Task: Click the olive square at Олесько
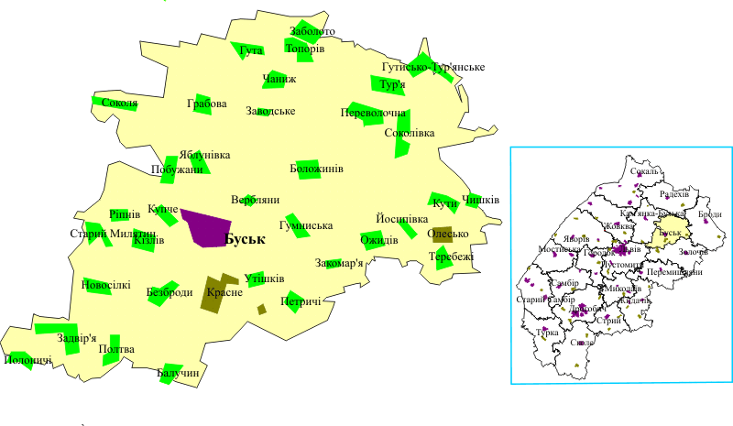443,235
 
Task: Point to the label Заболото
312,31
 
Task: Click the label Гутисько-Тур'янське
432,67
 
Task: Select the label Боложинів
316,169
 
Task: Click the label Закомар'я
339,263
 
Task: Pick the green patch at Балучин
178,373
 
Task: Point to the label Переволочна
372,113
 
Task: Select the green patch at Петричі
293,300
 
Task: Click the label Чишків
481,200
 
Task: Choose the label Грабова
206,104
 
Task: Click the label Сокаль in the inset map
645,171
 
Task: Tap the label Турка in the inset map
547,333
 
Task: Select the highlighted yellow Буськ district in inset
673,230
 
